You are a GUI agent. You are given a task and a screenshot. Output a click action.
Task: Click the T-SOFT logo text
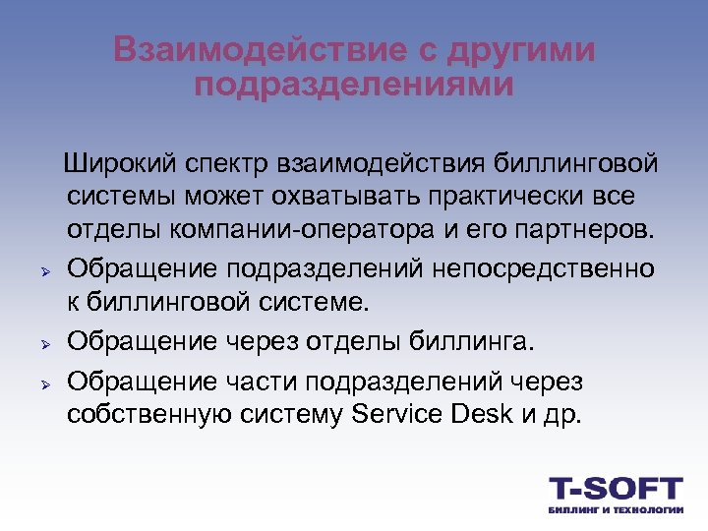coord(615,488)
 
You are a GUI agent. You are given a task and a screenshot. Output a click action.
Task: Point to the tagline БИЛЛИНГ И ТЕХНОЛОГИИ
coord(615,510)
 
